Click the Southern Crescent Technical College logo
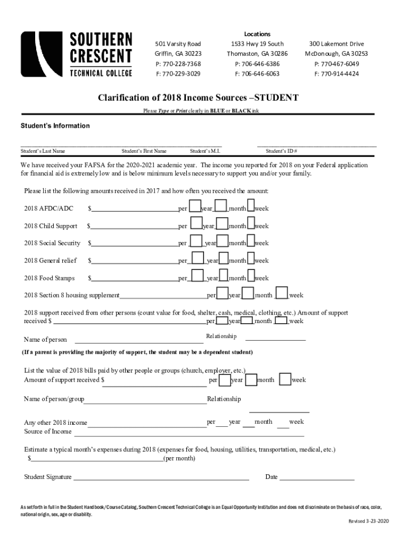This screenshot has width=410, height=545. (77, 54)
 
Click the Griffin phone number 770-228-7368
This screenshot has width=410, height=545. (178, 64)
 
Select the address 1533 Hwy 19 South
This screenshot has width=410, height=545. (257, 44)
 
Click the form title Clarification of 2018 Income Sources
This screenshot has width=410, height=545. (198, 98)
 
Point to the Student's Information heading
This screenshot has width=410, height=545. (55, 126)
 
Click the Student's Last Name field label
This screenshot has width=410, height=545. (43, 151)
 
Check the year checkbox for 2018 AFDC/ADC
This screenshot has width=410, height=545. (195, 207)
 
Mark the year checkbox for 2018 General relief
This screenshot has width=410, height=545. (198, 259)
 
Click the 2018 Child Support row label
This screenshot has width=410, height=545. (51, 226)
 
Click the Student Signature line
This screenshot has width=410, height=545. (161, 478)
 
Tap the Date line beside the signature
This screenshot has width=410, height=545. (317, 478)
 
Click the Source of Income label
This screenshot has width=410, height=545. (48, 432)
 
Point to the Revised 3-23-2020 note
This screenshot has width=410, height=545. (369, 521)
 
